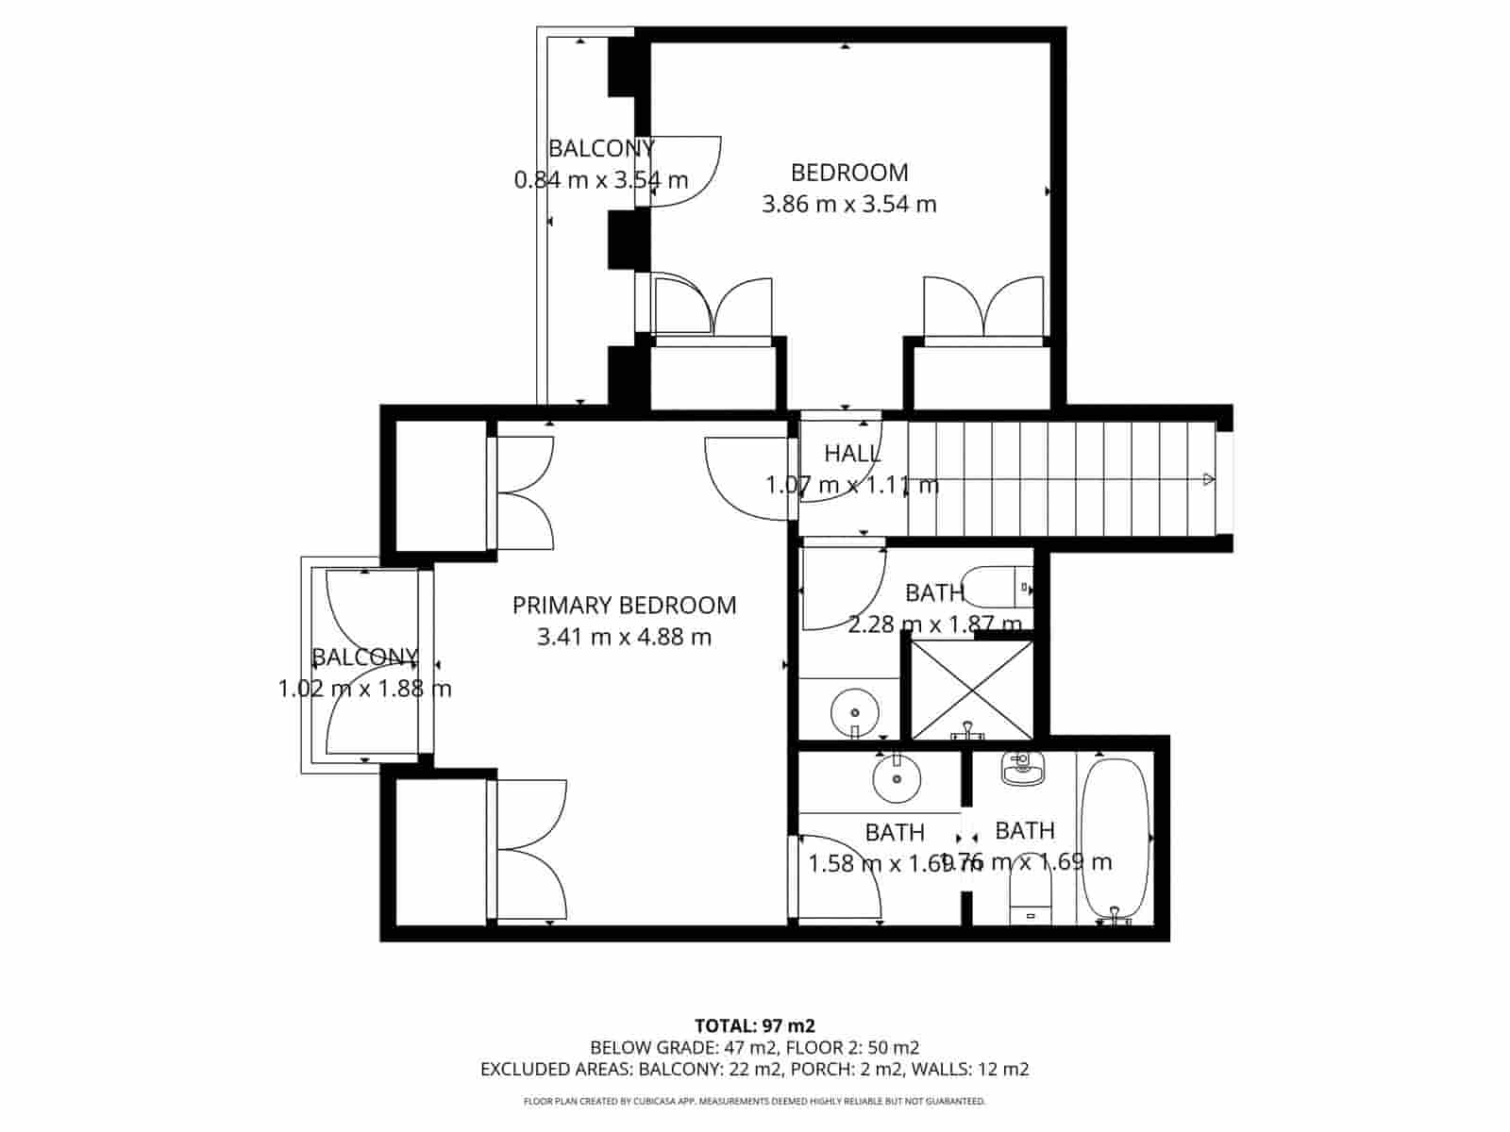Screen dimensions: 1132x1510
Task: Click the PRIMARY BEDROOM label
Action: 624,605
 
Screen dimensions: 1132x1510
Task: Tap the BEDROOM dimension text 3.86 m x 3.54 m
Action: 848,204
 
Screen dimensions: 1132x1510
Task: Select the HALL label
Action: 852,454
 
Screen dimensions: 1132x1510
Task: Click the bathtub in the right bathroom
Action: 1115,840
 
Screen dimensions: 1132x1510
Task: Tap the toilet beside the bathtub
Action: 1029,896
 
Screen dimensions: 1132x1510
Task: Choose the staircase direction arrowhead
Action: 1209,480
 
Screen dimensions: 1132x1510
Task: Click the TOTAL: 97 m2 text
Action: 754,1025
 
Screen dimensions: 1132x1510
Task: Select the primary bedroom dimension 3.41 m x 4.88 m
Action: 624,637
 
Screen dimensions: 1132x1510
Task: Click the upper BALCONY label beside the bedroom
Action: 601,148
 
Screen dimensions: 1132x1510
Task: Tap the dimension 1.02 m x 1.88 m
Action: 364,689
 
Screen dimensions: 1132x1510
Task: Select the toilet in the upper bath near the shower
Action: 996,587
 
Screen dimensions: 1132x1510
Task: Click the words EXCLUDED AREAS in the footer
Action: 556,1069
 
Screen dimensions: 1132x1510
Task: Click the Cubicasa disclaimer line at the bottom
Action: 754,1101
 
